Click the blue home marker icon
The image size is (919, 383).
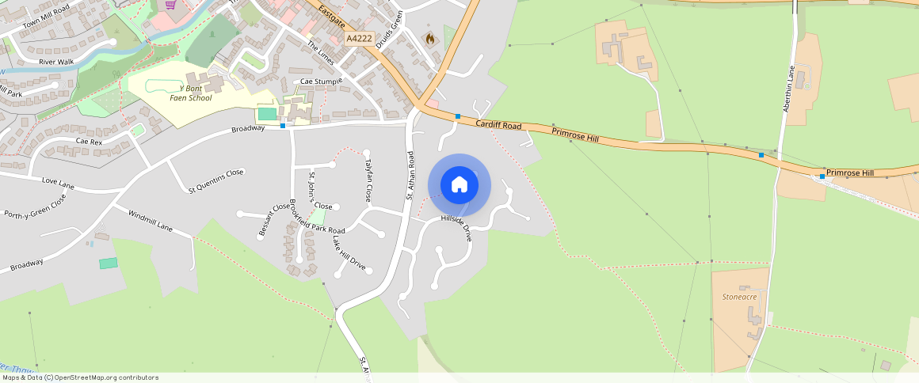tap(459, 185)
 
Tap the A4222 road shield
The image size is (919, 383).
tap(359, 38)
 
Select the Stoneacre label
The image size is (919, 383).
tap(740, 296)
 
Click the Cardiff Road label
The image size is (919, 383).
tap(498, 126)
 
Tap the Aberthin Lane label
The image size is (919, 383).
tap(788, 88)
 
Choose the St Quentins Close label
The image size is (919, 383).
tap(216, 180)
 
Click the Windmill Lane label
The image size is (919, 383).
tap(150, 221)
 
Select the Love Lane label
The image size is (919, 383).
tap(58, 184)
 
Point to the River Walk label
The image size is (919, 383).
tap(55, 61)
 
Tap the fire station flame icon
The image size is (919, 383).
tap(430, 38)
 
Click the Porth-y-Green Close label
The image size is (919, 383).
tap(35, 208)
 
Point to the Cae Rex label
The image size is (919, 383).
tap(89, 141)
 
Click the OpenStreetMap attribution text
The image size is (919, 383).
tap(80, 377)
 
